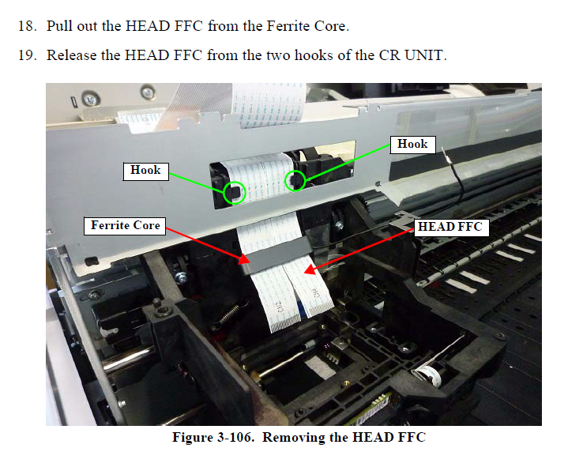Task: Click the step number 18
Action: [x=28, y=26]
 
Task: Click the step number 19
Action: [x=28, y=55]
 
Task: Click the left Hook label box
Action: [x=145, y=171]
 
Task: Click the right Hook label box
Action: [x=412, y=145]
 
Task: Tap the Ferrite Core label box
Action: [x=125, y=226]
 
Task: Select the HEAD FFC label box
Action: [x=450, y=228]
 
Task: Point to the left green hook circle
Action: [x=235, y=193]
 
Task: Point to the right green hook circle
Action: [x=295, y=181]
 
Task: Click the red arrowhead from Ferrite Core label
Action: [x=244, y=259]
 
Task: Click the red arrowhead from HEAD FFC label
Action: [x=310, y=269]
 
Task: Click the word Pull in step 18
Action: [x=59, y=26]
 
